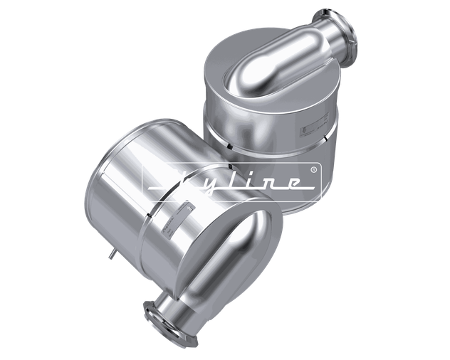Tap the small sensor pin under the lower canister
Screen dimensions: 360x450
point(112,253)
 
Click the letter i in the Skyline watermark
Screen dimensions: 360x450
point(246,183)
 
